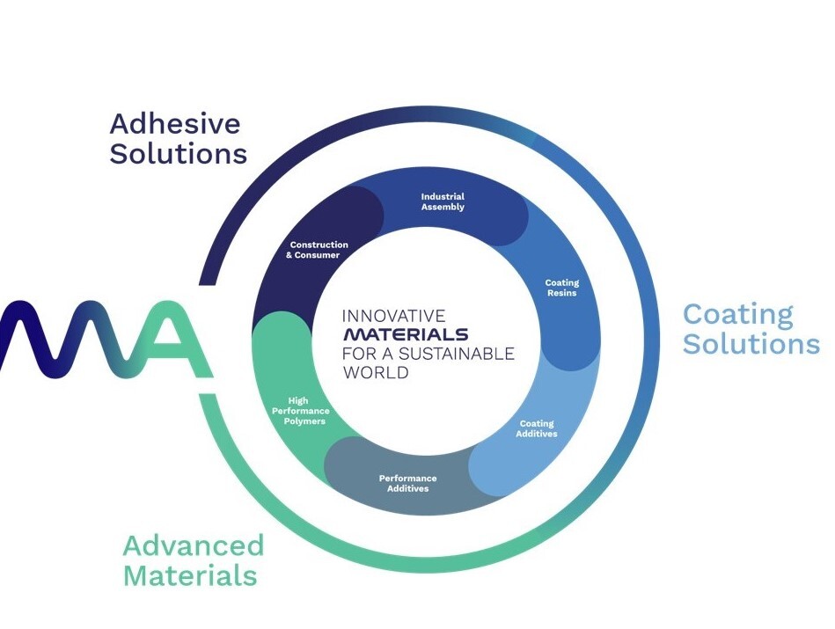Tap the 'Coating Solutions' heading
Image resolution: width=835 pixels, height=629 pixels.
[x=751, y=328]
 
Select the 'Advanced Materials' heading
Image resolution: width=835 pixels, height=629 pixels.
[x=193, y=560]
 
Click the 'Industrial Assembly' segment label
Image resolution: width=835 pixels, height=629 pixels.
[x=443, y=201]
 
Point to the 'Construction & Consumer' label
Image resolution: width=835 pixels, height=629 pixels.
[x=318, y=250]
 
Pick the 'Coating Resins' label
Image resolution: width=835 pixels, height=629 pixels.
[x=562, y=288]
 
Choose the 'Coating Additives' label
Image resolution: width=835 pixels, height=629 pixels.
[x=537, y=428]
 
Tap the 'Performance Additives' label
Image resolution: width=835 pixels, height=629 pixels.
[x=407, y=483]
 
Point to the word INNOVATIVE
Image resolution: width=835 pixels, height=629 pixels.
[x=393, y=315]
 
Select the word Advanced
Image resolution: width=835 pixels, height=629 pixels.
[x=193, y=545]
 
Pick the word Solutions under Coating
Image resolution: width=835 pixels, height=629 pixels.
[x=751, y=343]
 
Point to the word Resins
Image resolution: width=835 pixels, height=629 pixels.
[x=562, y=293]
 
